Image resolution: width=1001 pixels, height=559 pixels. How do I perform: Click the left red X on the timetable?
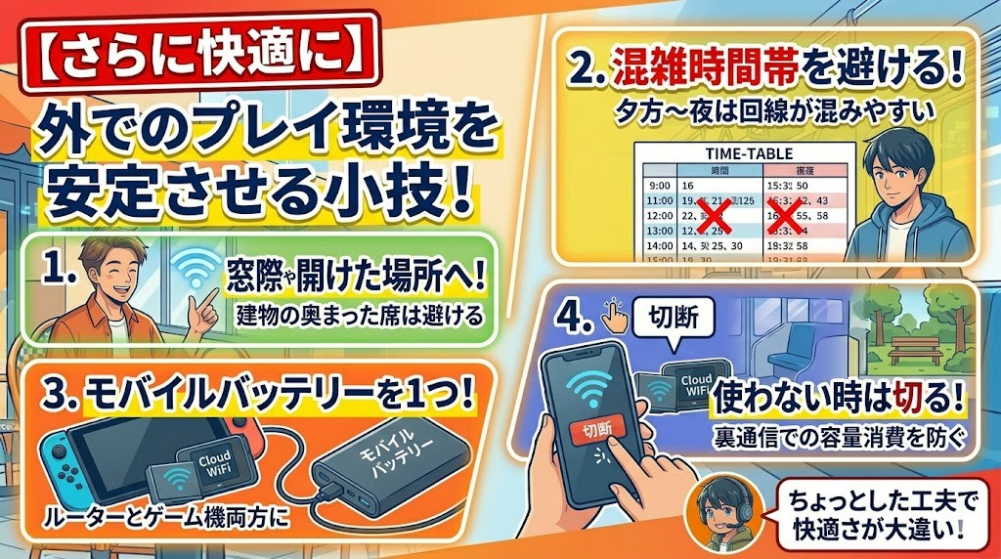pos(716,216)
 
